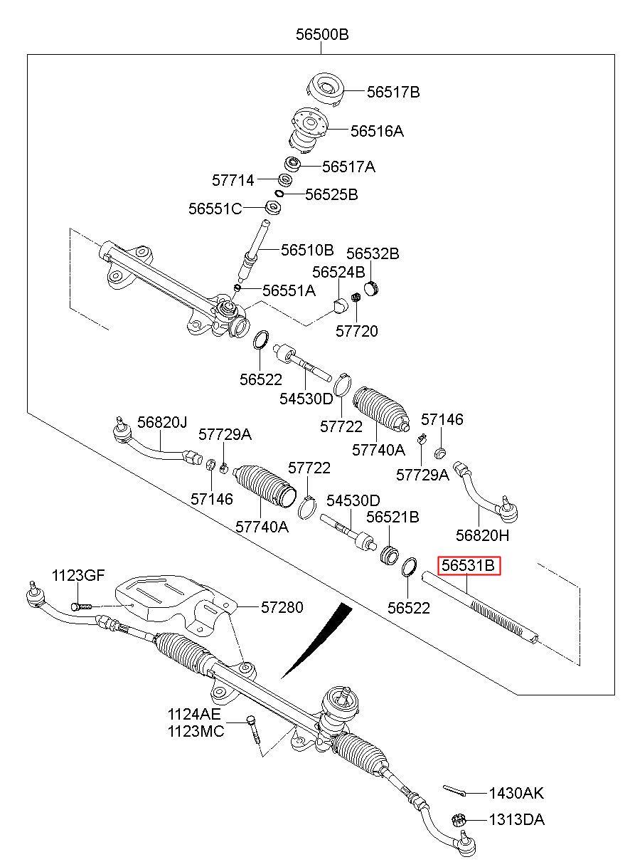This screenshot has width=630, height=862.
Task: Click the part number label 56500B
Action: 321,34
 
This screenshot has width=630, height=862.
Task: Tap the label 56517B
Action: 393,92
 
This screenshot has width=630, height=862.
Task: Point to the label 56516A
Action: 377,131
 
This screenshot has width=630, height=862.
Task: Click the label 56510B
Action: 307,250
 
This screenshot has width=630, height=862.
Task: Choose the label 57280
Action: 282,607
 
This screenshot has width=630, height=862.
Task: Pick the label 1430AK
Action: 516,793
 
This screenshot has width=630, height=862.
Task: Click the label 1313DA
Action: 516,819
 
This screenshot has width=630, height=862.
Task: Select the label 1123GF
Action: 78,576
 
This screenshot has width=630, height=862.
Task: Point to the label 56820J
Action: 162,422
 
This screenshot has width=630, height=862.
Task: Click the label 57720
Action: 357,331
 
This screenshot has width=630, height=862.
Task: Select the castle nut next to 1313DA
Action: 459,819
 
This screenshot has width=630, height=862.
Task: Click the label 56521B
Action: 392,517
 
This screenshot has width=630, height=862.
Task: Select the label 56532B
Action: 373,253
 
